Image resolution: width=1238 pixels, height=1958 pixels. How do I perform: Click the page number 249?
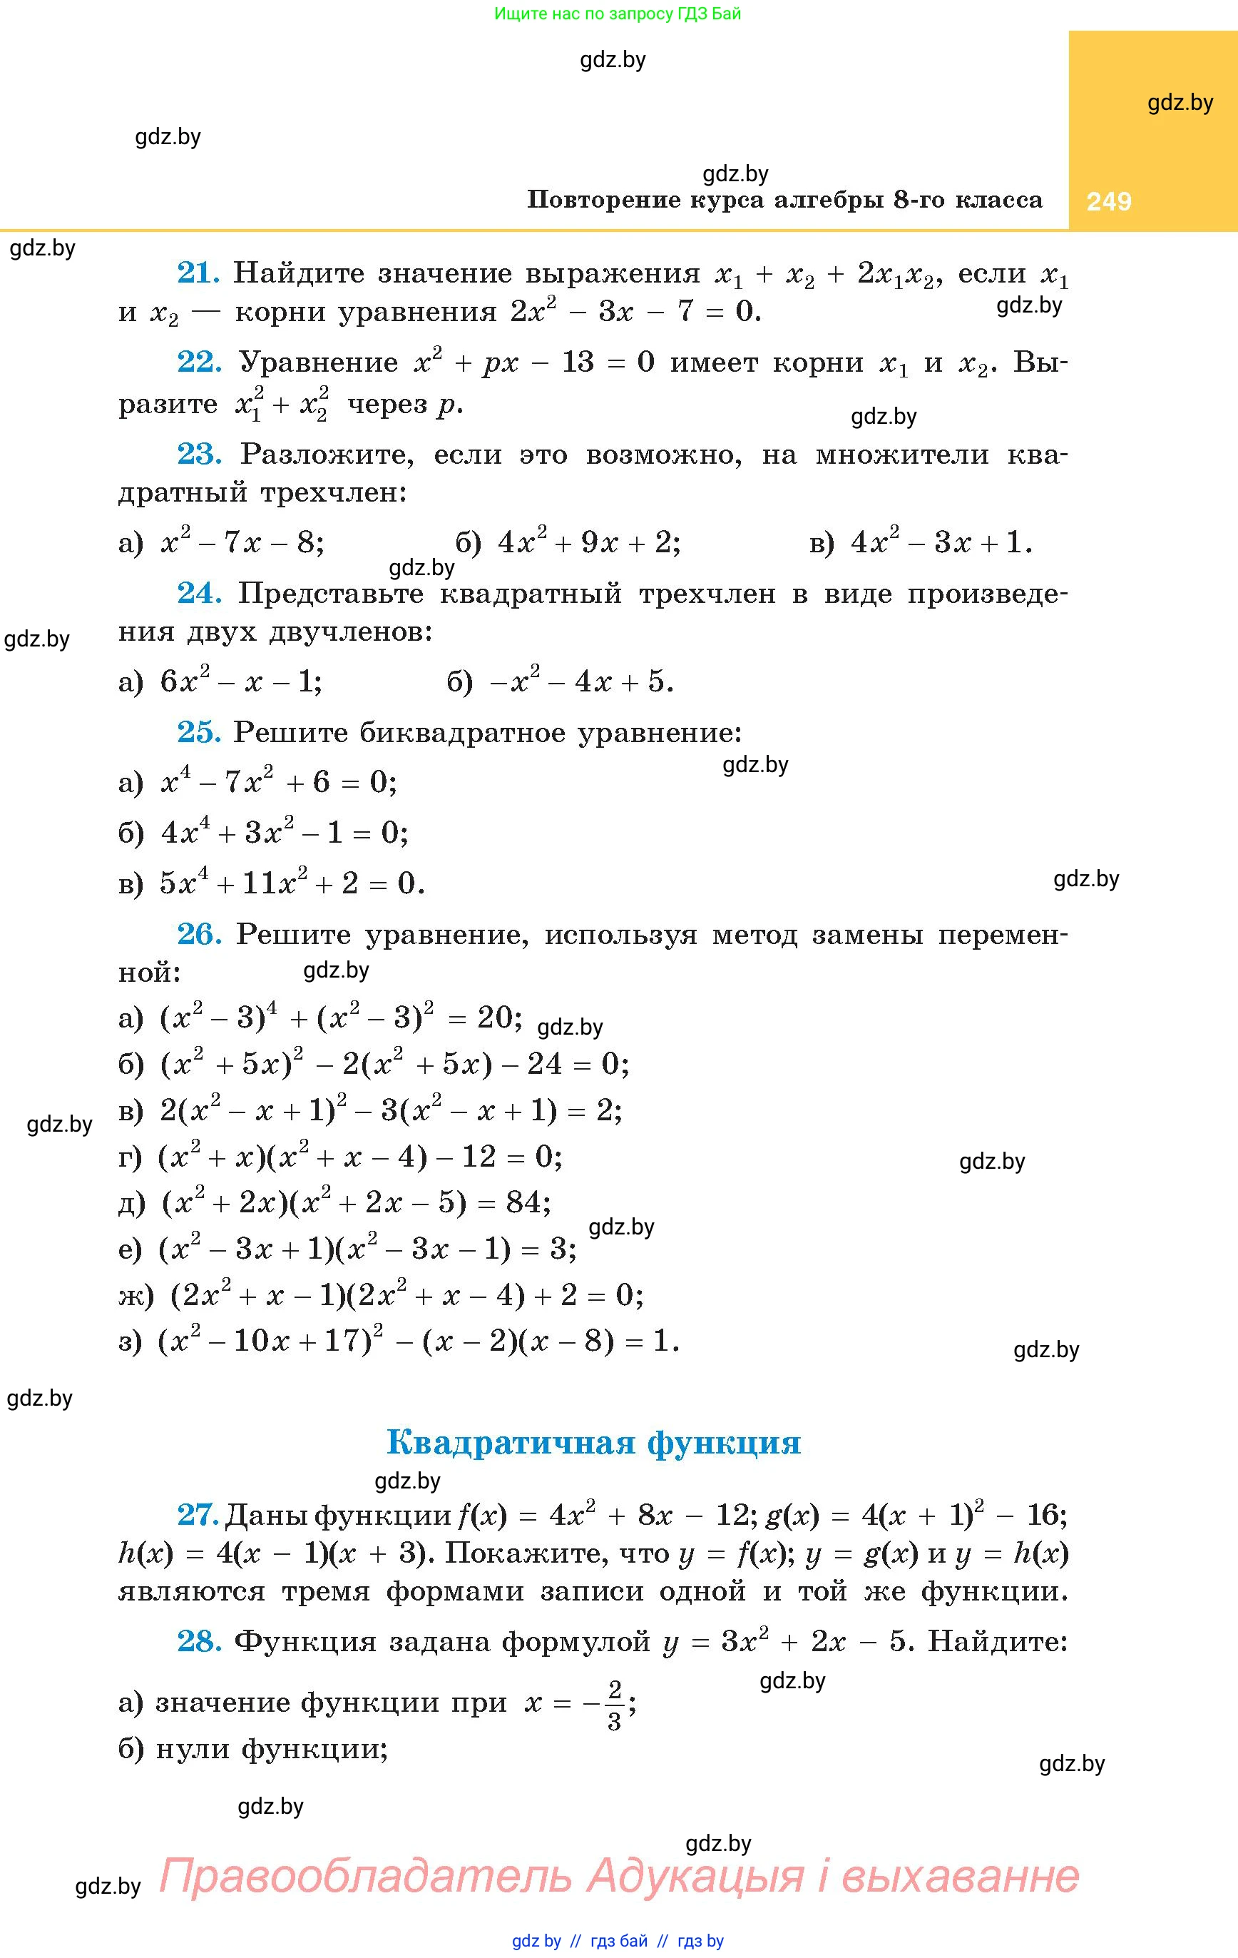tap(1109, 201)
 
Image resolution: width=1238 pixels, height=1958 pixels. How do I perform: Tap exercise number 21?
tap(198, 273)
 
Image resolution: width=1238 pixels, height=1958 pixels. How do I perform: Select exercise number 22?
tap(199, 362)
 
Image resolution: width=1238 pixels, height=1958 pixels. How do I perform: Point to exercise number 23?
tap(199, 454)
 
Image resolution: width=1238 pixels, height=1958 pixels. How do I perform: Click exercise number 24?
tap(199, 593)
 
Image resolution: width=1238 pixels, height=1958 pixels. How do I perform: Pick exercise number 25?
tap(198, 733)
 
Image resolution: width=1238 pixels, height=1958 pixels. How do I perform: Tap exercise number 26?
tap(199, 934)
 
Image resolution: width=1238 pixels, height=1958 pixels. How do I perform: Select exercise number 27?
tap(198, 1514)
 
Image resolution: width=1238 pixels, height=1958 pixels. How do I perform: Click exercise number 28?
tap(199, 1641)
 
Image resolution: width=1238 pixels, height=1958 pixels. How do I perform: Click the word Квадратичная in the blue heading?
tap(510, 1443)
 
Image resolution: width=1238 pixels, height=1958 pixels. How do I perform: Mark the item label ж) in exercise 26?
tap(135, 1296)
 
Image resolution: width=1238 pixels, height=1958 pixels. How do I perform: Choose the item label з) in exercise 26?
tap(130, 1341)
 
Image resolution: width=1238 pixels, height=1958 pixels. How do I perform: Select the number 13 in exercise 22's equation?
tap(577, 362)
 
